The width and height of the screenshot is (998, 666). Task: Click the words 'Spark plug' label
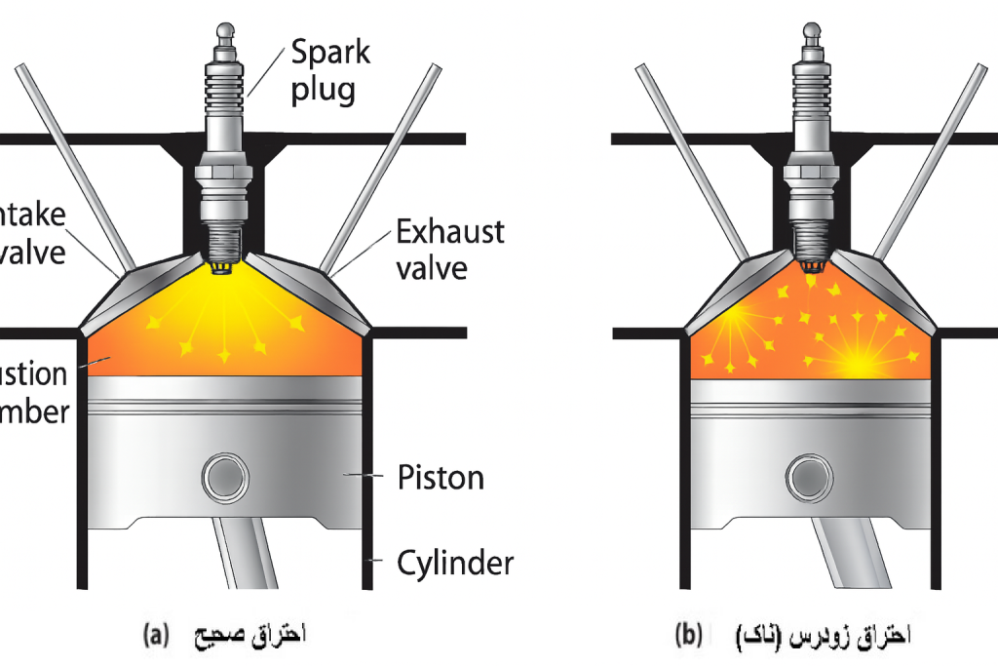[330, 70]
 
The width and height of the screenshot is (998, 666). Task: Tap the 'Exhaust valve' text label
[449, 249]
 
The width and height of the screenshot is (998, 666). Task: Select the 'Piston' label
[441, 478]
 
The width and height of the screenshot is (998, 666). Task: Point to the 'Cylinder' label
[455, 563]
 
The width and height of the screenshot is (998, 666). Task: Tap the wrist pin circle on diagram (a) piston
[226, 478]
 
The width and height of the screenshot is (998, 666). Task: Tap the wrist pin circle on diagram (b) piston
[812, 478]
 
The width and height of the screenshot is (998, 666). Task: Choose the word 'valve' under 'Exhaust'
[433, 266]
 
